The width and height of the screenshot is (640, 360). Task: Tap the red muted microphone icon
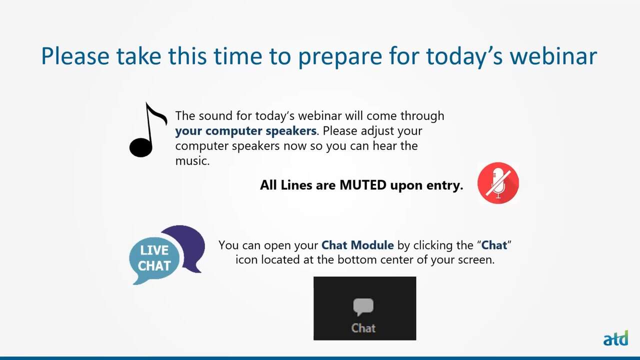pos(498,183)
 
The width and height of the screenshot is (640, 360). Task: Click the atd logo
pos(615,338)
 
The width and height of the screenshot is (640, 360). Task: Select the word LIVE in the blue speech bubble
pos(154,250)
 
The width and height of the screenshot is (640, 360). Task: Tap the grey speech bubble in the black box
pos(363,306)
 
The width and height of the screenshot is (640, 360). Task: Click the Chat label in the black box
pos(363,328)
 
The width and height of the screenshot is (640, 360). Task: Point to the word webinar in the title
pos(553,56)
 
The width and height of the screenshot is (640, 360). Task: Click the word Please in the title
pos(75,56)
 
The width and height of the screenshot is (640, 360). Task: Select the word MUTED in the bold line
pos(363,185)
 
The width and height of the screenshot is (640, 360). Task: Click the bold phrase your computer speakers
pos(245,131)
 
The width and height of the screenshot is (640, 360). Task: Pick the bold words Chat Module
pos(357,245)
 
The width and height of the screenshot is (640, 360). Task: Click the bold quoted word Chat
pos(494,245)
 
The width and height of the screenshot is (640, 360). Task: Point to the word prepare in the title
pos(340,57)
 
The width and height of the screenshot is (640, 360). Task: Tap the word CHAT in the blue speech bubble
pos(154,265)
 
